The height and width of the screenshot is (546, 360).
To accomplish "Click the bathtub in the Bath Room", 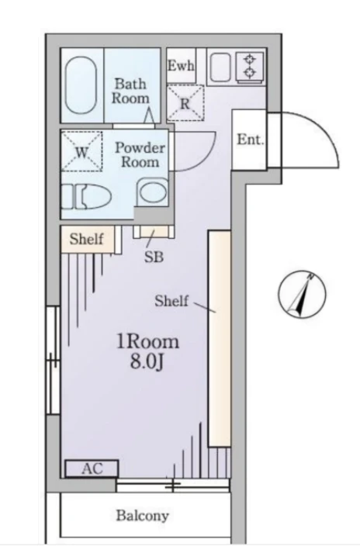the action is click(x=81, y=85).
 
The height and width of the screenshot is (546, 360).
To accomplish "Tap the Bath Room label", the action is click(x=130, y=91).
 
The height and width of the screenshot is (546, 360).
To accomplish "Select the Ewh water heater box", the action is click(x=181, y=65).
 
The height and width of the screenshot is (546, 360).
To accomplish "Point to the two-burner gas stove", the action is click(x=251, y=67).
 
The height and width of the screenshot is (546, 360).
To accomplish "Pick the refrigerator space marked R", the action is click(x=185, y=102).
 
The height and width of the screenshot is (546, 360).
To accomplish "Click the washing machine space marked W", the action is click(x=82, y=151).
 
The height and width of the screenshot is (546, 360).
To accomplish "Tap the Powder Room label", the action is click(x=140, y=155).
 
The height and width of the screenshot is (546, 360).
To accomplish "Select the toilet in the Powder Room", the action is click(x=86, y=197).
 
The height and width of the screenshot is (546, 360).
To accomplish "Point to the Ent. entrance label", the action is click(x=251, y=140).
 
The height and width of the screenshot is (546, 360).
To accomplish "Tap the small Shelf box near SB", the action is click(x=87, y=239).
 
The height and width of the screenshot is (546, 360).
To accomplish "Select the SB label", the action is click(x=154, y=257).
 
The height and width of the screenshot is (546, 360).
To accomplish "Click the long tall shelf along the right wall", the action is click(x=220, y=338).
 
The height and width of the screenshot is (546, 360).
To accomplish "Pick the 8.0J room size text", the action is click(x=147, y=362).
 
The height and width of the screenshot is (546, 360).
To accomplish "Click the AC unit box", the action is click(x=92, y=468).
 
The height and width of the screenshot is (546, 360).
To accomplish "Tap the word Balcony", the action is click(x=143, y=515).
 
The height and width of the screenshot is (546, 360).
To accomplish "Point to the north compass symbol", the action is click(x=302, y=294).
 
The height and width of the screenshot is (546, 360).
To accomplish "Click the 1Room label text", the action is click(x=147, y=342).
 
